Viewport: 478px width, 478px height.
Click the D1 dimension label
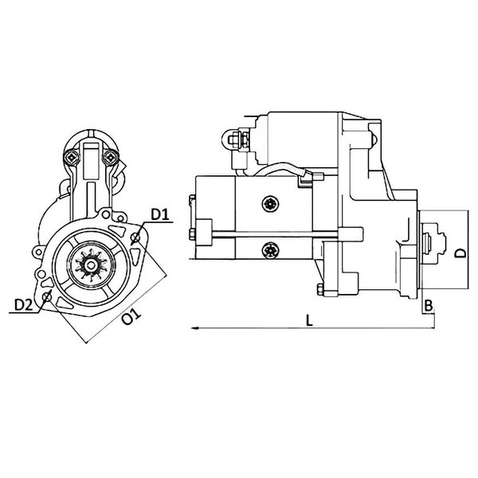pos(159,215)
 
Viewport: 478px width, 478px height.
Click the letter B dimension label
pos(428,305)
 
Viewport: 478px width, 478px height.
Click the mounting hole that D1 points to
pos(136,237)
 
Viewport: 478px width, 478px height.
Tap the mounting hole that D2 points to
pos(48,298)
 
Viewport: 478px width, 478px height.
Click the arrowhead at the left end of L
pos(193,327)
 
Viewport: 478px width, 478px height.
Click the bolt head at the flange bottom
pos(319,289)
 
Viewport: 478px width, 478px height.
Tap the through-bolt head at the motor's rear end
pos(193,233)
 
